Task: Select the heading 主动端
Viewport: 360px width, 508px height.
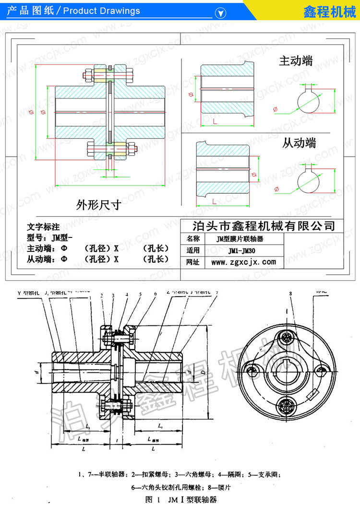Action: pyautogui.click(x=296, y=61)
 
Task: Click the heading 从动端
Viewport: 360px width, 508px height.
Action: pyautogui.click(x=299, y=143)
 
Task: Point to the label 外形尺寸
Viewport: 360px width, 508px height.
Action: pyautogui.click(x=98, y=206)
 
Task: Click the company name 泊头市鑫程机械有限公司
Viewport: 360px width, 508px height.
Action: pyautogui.click(x=263, y=225)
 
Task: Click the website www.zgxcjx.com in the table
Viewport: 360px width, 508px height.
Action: pyautogui.click(x=243, y=262)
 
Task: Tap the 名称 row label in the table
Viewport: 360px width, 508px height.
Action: pyautogui.click(x=192, y=238)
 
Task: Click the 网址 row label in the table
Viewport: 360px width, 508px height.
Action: pyautogui.click(x=192, y=262)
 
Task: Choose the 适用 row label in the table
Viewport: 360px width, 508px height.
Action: pyautogui.click(x=192, y=250)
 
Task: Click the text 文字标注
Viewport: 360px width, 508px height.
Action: pyautogui.click(x=43, y=226)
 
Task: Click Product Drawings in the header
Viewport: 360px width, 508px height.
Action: pyautogui.click(x=102, y=11)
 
